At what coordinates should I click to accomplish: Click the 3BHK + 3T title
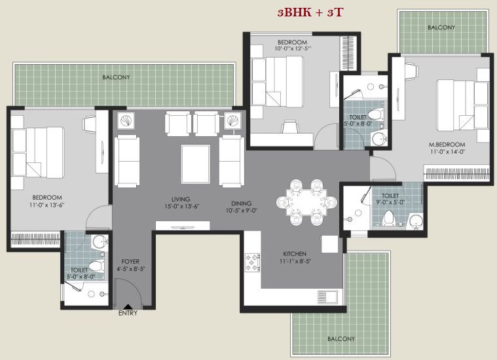pos(310,12)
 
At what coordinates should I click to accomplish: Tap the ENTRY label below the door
pos(128,313)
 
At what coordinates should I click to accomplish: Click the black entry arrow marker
pos(128,306)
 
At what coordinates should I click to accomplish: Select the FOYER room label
pos(130,261)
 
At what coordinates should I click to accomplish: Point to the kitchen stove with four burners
pos(253,262)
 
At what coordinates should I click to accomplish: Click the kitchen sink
pos(327,297)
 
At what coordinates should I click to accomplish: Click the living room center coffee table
pos(196,164)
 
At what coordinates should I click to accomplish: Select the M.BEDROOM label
pos(447,145)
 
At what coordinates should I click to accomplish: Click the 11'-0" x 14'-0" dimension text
pos(447,152)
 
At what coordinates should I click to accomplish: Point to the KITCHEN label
pos(295,254)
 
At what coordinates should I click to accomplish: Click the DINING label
pos(241,204)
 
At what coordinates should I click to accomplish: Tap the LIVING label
pos(181,199)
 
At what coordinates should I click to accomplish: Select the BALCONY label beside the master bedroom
pos(441,27)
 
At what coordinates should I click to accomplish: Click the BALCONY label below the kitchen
pos(341,339)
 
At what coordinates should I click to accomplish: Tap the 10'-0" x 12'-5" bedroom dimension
pos(293,49)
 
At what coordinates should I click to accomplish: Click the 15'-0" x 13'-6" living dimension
pos(181,206)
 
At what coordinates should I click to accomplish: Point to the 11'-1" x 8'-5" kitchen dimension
pos(295,261)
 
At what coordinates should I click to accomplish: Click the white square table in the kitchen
pos(329,244)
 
